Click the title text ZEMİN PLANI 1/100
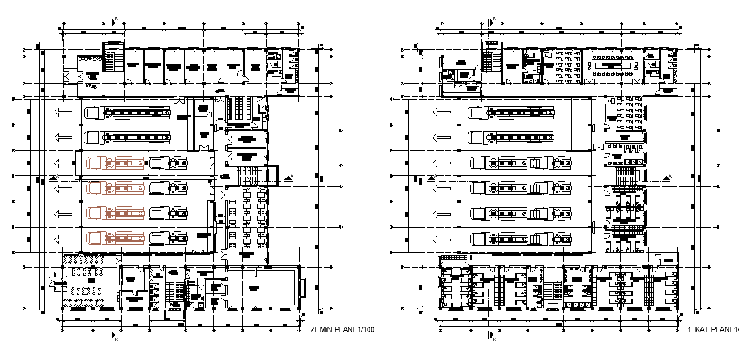click(x=343, y=329)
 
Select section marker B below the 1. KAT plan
click(x=491, y=336)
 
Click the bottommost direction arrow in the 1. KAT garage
click(x=442, y=240)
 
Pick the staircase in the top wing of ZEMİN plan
click(x=114, y=60)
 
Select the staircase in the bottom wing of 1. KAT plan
click(x=549, y=293)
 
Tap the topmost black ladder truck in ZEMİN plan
click(x=128, y=112)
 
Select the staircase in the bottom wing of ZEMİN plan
click(x=175, y=292)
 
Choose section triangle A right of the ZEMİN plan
click(x=290, y=178)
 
